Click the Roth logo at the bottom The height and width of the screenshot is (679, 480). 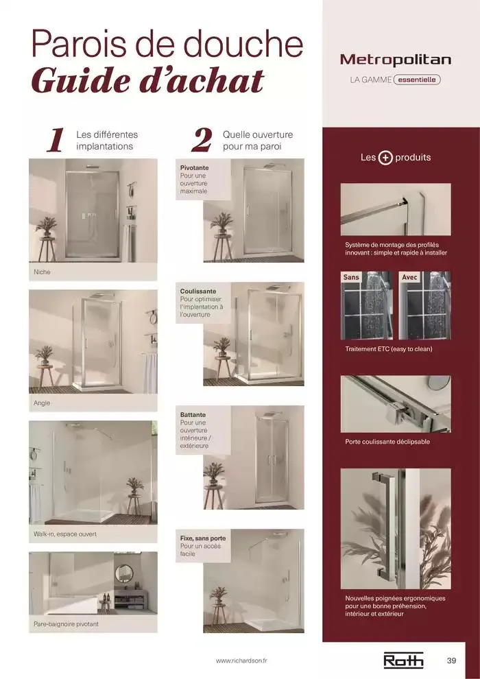(403, 660)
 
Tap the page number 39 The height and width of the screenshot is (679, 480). (451, 660)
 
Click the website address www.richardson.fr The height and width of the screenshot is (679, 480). (241, 660)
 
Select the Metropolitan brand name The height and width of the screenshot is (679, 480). (396, 60)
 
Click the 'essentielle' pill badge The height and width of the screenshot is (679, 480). (417, 80)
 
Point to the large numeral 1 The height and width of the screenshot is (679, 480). (56, 140)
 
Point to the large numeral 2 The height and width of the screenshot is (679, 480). (202, 140)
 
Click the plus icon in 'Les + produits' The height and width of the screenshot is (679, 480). (385, 158)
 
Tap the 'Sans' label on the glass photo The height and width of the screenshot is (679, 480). (351, 277)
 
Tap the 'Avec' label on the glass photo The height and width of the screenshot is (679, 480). (409, 277)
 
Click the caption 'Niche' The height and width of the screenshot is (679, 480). (42, 272)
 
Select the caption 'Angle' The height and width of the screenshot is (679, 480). (42, 403)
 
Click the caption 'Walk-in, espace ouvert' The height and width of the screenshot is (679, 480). (65, 534)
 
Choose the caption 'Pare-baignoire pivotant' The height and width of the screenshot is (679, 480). (67, 624)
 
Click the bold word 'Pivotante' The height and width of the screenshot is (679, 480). (194, 167)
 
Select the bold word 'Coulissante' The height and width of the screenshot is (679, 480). (198, 291)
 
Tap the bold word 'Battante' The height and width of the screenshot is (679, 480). (193, 414)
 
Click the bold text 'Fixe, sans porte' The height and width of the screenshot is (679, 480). (203, 538)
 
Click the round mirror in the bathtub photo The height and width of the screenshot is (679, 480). (124, 573)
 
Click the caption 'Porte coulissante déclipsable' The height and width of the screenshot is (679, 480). (387, 442)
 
